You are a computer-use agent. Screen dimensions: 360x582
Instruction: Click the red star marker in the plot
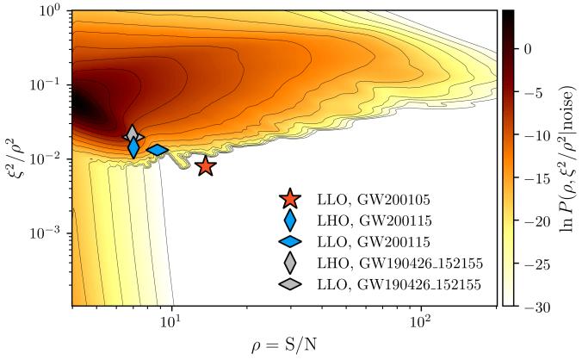205,166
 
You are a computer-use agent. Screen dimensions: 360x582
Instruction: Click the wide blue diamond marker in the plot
158,150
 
